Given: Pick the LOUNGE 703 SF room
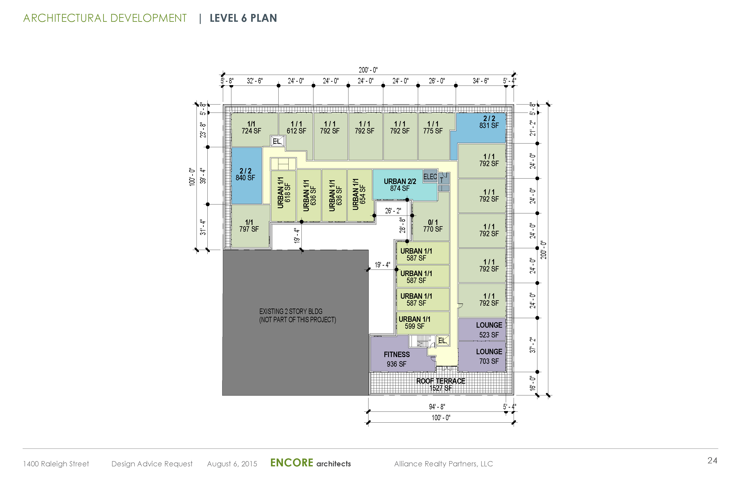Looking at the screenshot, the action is [482, 356].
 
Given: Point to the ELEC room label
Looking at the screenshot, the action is [430, 177].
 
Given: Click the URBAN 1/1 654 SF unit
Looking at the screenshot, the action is [360, 195].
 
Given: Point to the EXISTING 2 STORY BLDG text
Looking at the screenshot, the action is [291, 311].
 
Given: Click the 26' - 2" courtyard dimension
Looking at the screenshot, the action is [393, 211].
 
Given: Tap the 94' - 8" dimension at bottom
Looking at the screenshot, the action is [437, 406].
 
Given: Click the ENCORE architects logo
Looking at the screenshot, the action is [310, 463].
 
